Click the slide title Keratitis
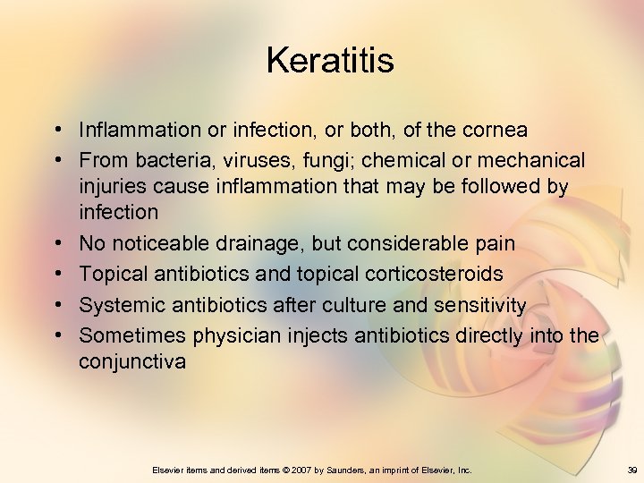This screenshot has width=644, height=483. tap(330, 61)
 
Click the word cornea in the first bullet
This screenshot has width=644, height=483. tap(495, 131)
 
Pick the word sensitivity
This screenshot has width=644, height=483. tap(479, 306)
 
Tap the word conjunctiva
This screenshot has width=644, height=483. tap(132, 361)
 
